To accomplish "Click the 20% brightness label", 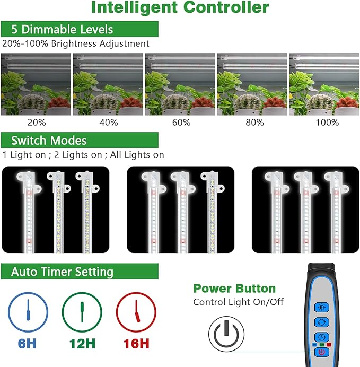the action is (37, 123).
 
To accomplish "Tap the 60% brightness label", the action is (181, 123).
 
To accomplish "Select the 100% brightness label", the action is (327, 123).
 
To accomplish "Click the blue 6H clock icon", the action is (28, 312).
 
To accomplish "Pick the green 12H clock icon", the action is (82, 312).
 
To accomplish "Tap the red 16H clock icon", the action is (136, 312).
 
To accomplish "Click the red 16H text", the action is (136, 344).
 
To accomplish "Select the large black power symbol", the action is (226, 334).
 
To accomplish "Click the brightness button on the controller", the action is (322, 307).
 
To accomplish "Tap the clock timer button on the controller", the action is (322, 337).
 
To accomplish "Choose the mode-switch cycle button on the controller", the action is (322, 322).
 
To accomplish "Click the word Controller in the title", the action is (226, 7).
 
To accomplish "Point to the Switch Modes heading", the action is (49, 141).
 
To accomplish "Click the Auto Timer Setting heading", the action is (62, 272).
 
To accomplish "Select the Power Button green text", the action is (234, 289).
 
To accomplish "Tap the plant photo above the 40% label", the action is (108, 84).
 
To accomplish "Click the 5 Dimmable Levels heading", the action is (62, 29).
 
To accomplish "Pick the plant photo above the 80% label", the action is (252, 84).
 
